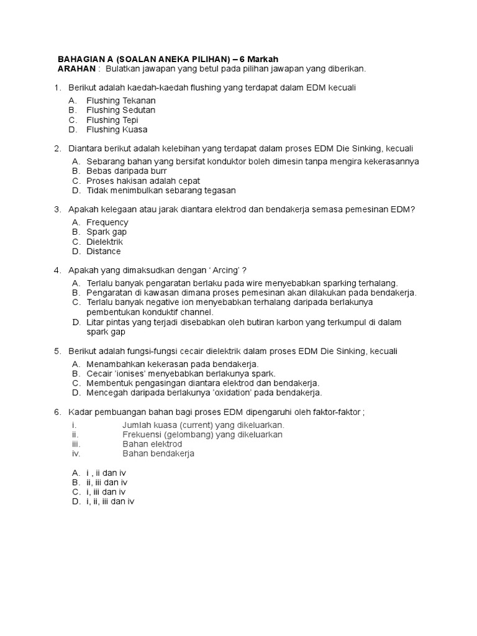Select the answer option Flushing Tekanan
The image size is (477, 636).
click(120, 100)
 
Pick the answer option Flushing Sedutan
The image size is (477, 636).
click(120, 110)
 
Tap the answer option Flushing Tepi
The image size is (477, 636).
click(112, 120)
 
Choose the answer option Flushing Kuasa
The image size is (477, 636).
click(117, 130)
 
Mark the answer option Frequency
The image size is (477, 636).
click(107, 222)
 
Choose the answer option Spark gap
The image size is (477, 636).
click(107, 232)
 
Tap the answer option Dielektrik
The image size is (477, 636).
click(105, 242)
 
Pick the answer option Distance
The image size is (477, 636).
click(104, 252)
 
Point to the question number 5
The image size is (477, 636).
click(57, 351)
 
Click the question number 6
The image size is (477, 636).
click(57, 412)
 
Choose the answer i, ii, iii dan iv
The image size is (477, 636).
click(111, 501)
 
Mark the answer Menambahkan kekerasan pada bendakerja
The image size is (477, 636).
click(172, 363)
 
